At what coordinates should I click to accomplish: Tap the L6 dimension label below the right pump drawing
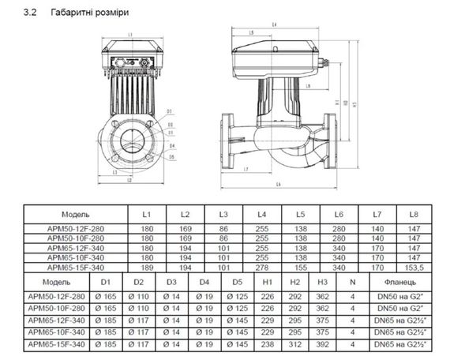point(279,184)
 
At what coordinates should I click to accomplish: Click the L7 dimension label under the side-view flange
point(247,170)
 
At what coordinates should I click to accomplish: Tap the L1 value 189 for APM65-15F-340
point(147,267)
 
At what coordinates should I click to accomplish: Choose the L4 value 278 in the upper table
point(261,267)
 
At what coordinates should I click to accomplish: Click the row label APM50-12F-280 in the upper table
point(76,227)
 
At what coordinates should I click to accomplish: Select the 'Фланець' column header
point(404,281)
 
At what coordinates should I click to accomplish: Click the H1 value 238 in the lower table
point(267,345)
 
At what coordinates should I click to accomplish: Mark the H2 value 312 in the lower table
point(294,345)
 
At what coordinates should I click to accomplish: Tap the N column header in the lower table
point(352,281)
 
